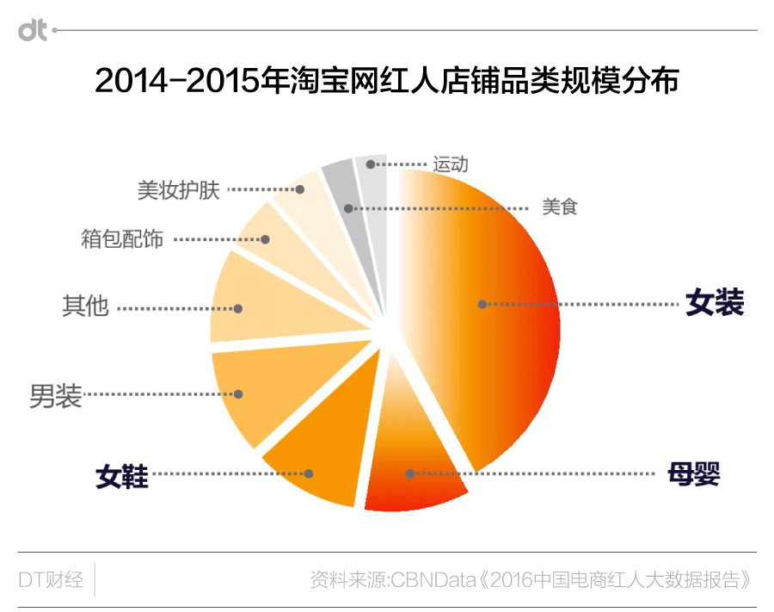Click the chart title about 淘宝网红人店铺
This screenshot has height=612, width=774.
pyautogui.click(x=387, y=81)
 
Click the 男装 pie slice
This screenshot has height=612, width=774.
pyautogui.click(x=249, y=392)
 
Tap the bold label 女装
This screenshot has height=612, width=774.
pyautogui.click(x=714, y=303)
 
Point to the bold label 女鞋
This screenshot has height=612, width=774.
pyautogui.click(x=122, y=476)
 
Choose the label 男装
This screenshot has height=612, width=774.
pyautogui.click(x=56, y=395)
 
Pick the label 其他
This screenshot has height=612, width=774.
pyautogui.click(x=85, y=306)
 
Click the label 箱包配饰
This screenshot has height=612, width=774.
pyautogui.click(x=122, y=238)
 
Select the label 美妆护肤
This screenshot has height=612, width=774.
pyautogui.click(x=179, y=189)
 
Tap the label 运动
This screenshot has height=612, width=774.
pyautogui.click(x=451, y=164)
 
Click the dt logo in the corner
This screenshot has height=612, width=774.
pyautogui.click(x=33, y=31)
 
